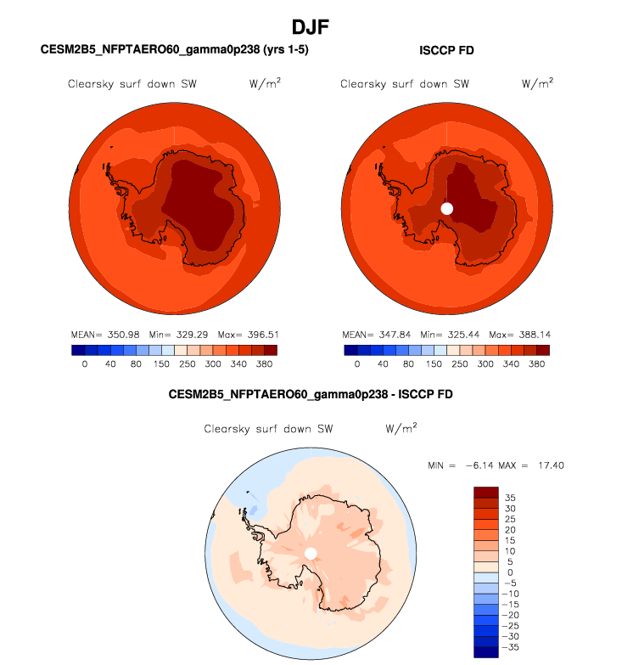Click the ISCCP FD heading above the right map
tap(446, 50)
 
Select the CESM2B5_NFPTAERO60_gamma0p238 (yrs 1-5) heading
tap(175, 50)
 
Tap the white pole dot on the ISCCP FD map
tap(447, 208)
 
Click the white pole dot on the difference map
tap(311, 554)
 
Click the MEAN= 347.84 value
tap(376, 335)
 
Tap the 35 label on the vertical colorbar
tap(509, 497)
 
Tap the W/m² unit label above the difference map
tap(401, 429)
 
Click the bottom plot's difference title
tap(311, 394)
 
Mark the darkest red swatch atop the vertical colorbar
tap(486, 492)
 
